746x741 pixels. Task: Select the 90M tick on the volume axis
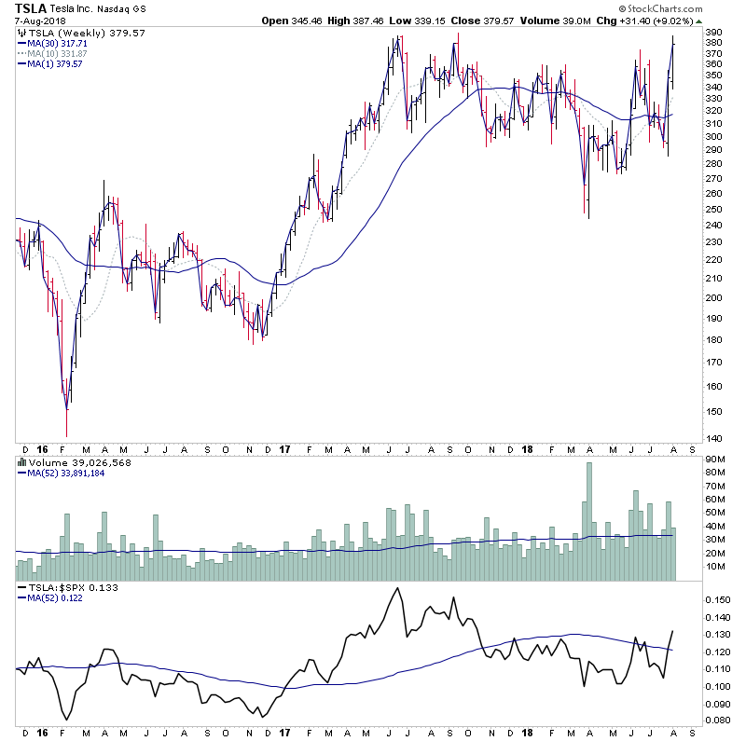pyautogui.click(x=716, y=459)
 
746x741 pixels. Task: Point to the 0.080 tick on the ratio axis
pyautogui.click(x=718, y=720)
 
